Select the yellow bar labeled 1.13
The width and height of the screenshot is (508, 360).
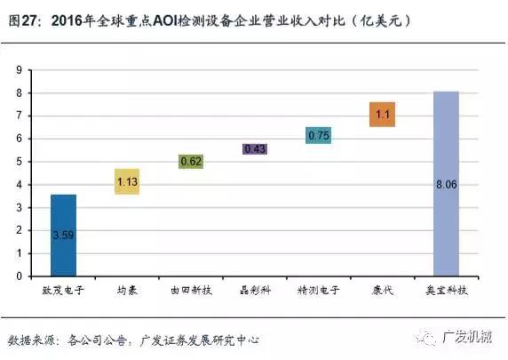click(x=127, y=181)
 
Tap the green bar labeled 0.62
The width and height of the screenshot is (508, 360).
click(x=191, y=162)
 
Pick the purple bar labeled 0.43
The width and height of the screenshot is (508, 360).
click(x=255, y=149)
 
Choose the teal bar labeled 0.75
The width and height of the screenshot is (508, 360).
click(x=318, y=135)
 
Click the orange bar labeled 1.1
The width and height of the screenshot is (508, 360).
click(x=382, y=114)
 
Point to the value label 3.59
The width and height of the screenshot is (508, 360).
click(x=64, y=235)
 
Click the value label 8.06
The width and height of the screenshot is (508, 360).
click(x=446, y=184)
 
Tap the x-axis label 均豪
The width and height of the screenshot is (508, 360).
click(x=127, y=291)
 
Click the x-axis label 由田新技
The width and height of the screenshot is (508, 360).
click(x=191, y=291)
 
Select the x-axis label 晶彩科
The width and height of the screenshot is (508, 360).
click(x=255, y=291)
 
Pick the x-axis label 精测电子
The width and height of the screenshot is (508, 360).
click(x=318, y=291)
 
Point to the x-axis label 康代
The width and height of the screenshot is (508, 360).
click(x=382, y=291)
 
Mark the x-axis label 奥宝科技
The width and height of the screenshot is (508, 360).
click(x=446, y=291)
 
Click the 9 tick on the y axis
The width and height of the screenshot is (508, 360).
click(x=20, y=69)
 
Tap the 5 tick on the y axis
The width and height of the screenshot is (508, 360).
click(x=20, y=162)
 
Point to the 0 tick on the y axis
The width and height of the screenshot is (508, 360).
click(x=20, y=276)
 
